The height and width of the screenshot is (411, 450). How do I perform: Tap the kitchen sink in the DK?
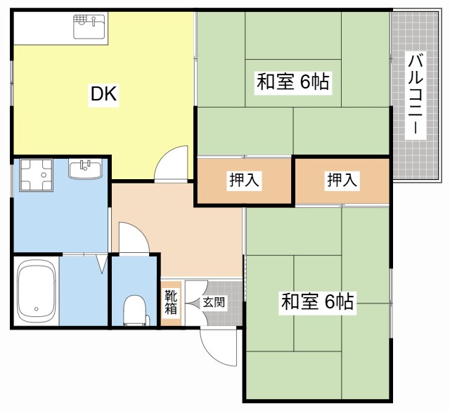[89, 28]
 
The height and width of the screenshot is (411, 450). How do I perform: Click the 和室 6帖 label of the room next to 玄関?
[317, 304]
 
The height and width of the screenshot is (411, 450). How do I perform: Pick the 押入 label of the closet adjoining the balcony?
[342, 181]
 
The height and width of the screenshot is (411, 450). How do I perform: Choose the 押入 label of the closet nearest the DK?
[244, 181]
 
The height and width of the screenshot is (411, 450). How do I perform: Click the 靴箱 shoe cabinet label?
[171, 303]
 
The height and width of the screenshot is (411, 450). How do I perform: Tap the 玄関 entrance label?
[214, 303]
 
